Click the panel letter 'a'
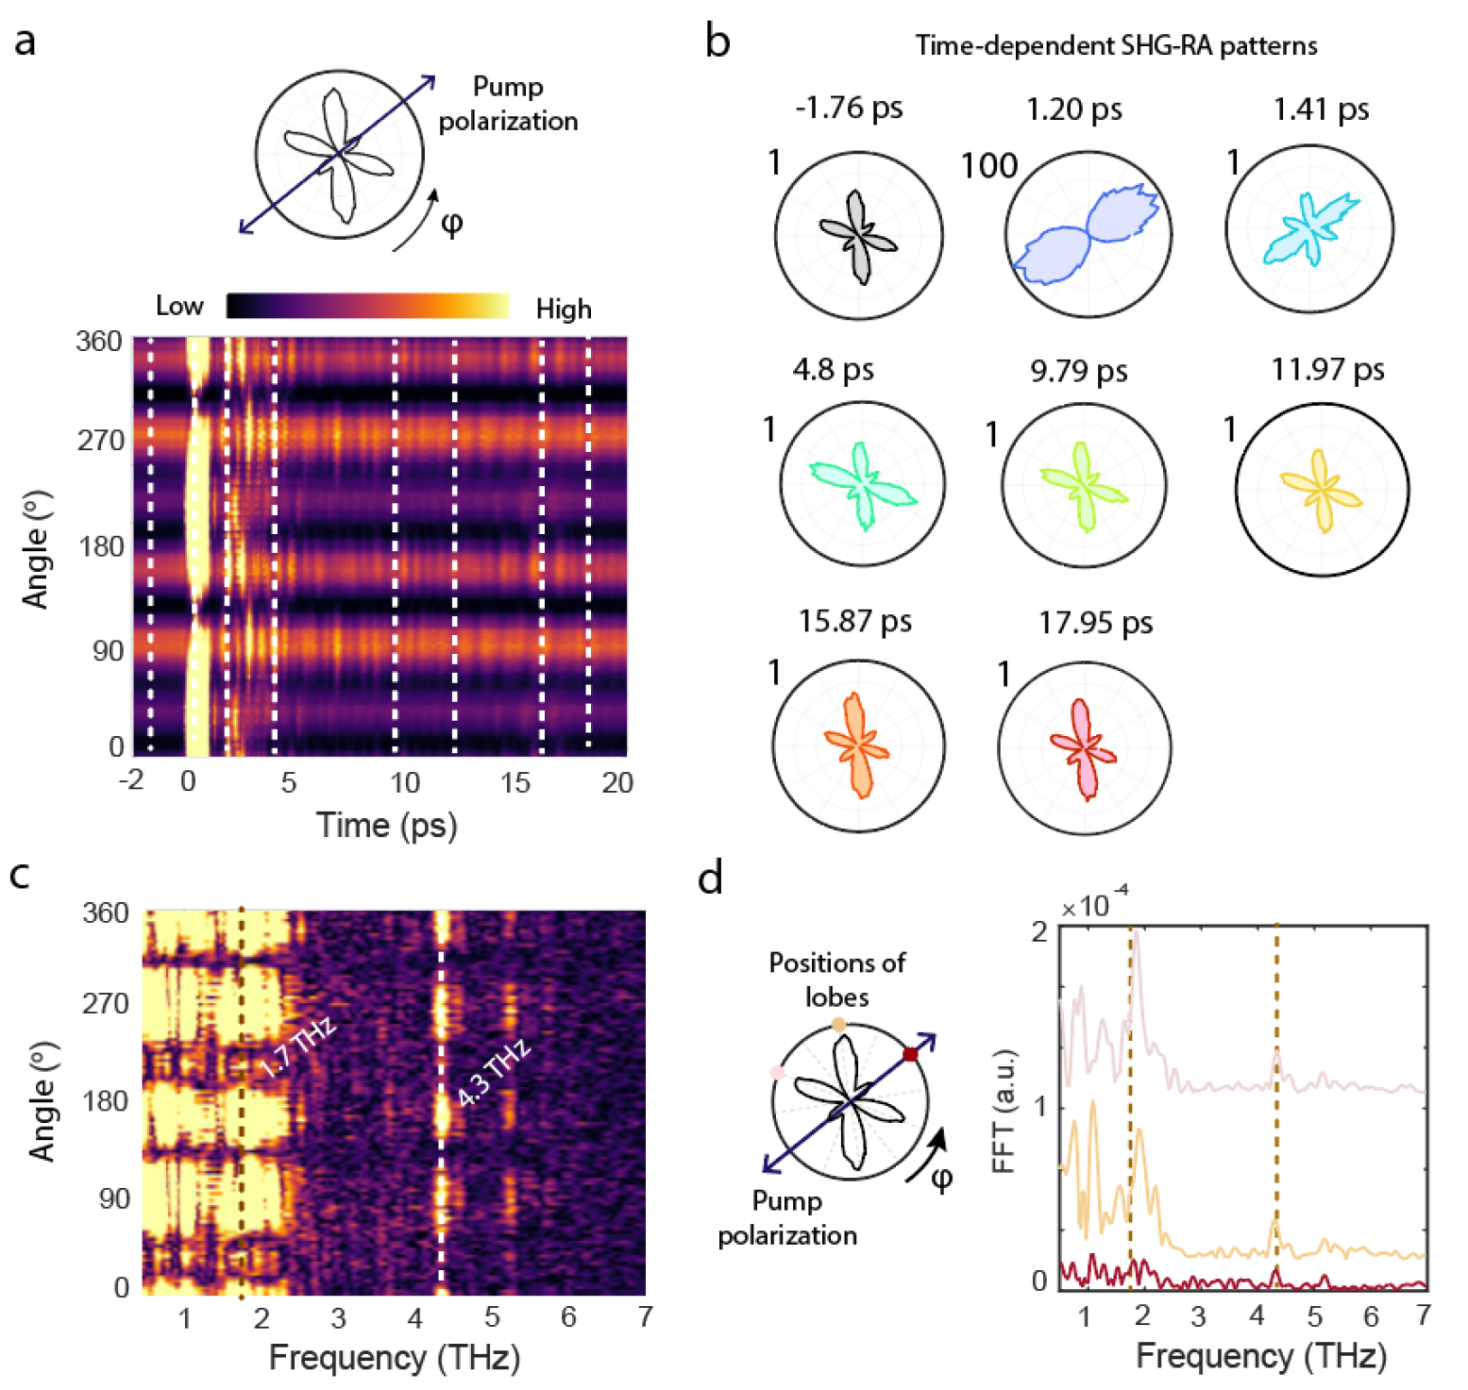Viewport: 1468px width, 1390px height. coord(25,42)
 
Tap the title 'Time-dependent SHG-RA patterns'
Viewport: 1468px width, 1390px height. coord(1116,46)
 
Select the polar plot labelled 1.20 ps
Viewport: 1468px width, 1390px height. coord(1088,234)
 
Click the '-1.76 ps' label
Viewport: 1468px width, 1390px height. coord(849,108)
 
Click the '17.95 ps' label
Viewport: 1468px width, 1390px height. coord(1095,623)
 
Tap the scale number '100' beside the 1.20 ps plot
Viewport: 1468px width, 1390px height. coord(988,167)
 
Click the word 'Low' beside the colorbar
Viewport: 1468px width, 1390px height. coord(179,306)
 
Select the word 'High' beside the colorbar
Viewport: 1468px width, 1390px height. coord(564,310)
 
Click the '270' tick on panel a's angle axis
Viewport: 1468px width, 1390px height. coord(100,441)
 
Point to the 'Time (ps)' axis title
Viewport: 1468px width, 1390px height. coord(386,826)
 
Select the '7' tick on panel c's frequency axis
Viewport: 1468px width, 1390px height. coord(645,1317)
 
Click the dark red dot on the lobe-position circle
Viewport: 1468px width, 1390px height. coord(910,1054)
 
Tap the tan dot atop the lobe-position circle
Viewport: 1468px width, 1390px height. coord(838,1025)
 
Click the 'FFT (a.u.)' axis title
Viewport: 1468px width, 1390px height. coord(1004,1110)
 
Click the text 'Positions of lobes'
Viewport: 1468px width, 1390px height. coord(836,980)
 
